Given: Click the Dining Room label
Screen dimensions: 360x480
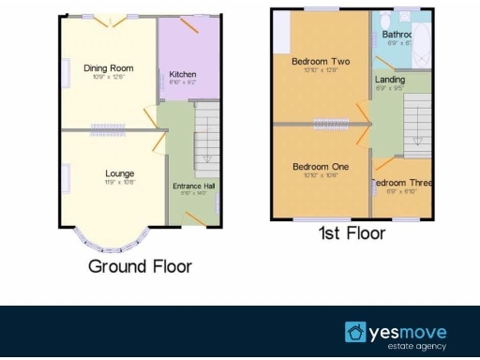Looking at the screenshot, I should tap(108, 67).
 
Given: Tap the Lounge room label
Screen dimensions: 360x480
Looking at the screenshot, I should tap(119, 173).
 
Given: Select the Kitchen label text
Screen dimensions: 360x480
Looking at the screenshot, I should tap(182, 74).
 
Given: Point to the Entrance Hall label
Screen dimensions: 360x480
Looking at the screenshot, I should tap(194, 187).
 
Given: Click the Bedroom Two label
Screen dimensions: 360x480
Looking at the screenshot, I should tap(320, 62).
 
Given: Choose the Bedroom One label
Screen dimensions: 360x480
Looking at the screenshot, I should tap(320, 167).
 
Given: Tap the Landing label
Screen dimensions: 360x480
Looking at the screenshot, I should tap(390, 80).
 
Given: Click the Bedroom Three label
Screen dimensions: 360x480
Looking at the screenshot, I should tap(402, 183).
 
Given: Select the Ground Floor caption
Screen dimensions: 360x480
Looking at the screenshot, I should tap(140, 266).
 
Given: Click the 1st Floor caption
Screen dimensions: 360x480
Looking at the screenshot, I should tap(352, 232).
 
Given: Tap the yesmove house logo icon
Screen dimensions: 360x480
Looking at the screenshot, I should tap(355, 332).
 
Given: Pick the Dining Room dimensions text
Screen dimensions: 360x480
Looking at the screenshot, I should tap(108, 77).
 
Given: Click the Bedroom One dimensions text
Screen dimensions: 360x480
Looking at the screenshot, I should tap(320, 176).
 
